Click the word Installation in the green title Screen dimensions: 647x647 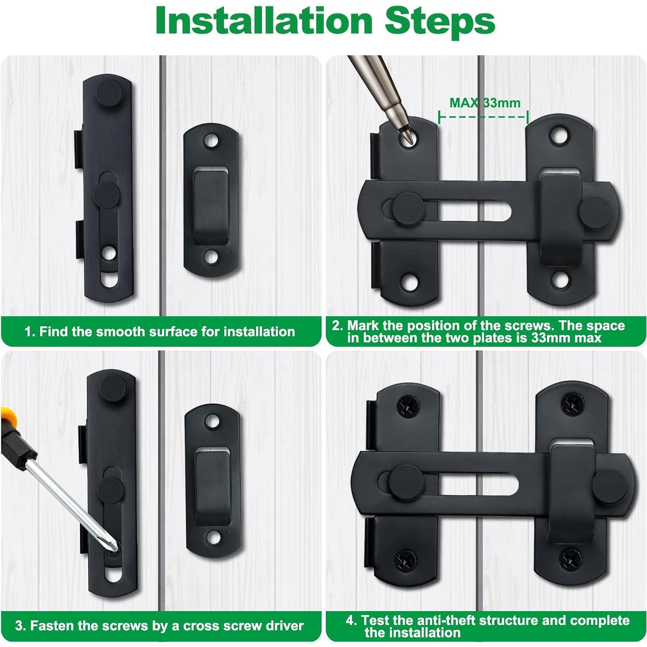[264, 20]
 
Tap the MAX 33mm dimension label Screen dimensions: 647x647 [485, 103]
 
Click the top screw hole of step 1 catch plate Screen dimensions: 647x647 [211, 140]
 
